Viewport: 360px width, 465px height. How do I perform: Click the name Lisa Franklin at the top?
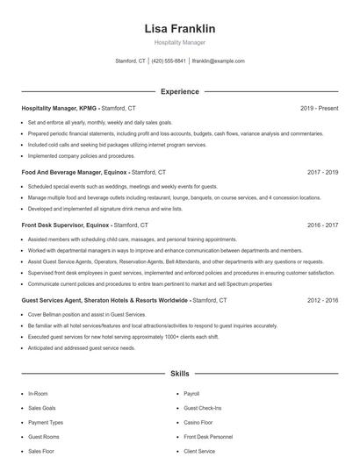(179, 29)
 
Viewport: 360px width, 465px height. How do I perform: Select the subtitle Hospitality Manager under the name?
(179, 43)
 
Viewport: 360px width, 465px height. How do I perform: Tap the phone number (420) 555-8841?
(169, 61)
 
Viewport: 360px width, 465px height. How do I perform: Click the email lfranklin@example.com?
(218, 61)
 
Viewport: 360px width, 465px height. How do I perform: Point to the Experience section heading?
(179, 91)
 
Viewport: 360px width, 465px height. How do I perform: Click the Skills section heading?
(179, 374)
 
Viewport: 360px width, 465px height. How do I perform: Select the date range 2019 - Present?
(319, 108)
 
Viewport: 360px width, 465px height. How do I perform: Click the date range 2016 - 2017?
(323, 225)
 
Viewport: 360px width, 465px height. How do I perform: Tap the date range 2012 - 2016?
(323, 300)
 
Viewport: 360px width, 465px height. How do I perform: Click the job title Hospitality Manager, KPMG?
(60, 108)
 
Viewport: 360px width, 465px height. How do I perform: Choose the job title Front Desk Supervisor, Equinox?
(65, 225)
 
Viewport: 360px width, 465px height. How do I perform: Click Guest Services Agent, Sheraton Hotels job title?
(104, 300)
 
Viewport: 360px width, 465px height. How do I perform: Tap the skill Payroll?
(192, 394)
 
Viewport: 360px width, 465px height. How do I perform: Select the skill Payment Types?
(46, 422)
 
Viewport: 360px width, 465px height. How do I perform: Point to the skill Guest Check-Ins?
(203, 408)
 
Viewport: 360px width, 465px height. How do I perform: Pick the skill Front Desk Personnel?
(208, 437)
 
